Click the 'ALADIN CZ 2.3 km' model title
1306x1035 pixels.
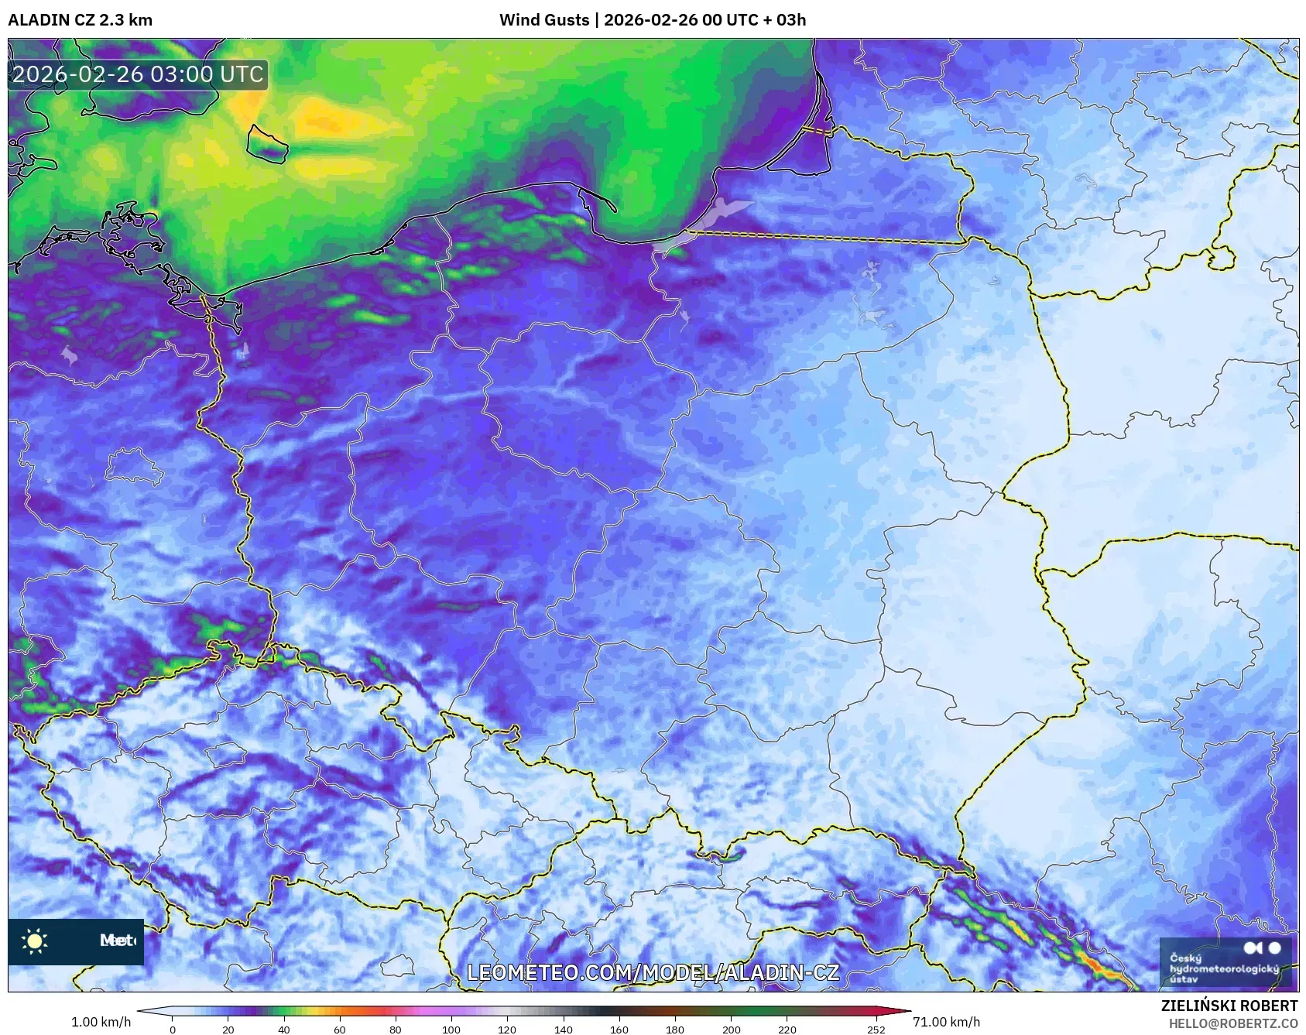tap(80, 20)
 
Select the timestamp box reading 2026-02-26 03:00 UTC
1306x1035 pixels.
tap(138, 75)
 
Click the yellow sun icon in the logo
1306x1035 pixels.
tap(35, 941)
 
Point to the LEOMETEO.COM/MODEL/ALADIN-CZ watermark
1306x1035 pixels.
tap(653, 972)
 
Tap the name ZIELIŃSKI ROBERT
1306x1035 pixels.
tap(1229, 1006)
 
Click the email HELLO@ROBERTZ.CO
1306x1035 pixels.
tap(1232, 1023)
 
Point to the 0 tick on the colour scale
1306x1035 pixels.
tap(173, 1029)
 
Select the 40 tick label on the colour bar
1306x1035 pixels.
tap(284, 1029)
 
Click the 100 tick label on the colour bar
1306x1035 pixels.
tap(451, 1029)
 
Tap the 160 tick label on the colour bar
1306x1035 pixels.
tap(619, 1029)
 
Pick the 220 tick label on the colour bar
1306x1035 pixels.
tap(787, 1029)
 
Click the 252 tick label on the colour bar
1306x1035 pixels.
tap(876, 1029)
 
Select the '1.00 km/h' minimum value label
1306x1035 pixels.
tap(101, 1022)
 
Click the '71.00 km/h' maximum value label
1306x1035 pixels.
tap(946, 1022)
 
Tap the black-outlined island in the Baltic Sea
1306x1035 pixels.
tap(267, 144)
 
